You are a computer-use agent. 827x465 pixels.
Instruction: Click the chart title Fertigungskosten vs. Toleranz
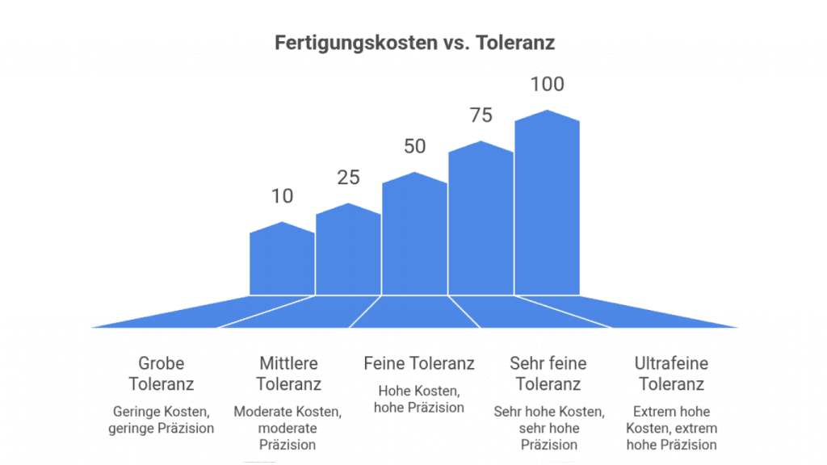(414, 43)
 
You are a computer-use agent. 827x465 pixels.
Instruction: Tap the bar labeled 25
(348, 250)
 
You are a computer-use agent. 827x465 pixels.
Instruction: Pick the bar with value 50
(414, 235)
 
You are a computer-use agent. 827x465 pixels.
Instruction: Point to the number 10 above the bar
(283, 196)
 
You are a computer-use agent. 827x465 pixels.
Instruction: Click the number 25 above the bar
(348, 178)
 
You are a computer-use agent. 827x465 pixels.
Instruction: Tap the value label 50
(414, 146)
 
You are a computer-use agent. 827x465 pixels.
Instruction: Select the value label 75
(481, 115)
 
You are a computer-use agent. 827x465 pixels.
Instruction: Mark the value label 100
(547, 84)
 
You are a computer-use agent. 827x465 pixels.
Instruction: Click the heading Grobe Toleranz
(162, 373)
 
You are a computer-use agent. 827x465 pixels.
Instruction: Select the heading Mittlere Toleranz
(288, 373)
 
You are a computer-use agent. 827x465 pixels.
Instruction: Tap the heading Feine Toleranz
(419, 363)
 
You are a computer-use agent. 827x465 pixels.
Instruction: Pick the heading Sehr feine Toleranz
(548, 373)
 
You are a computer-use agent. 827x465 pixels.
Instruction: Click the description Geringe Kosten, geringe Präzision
(162, 420)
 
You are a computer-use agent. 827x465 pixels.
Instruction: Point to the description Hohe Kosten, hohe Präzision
(419, 399)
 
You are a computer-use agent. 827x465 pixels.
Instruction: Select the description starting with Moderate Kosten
(288, 428)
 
